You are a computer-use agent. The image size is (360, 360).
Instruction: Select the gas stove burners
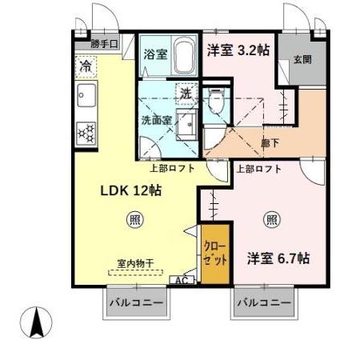click(85, 130)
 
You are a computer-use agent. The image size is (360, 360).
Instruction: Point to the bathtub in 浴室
click(182, 56)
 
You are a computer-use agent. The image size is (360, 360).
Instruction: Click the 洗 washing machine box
click(186, 94)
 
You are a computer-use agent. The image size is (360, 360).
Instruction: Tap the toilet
click(214, 101)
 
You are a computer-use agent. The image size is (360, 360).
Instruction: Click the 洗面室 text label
click(157, 121)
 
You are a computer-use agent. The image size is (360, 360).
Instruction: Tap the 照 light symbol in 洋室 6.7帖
click(273, 218)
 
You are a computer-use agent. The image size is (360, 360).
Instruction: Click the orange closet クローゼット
click(214, 258)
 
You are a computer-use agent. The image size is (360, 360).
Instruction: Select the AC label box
click(182, 280)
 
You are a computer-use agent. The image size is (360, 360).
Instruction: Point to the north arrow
click(36, 323)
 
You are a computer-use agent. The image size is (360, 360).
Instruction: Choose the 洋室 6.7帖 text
click(279, 259)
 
